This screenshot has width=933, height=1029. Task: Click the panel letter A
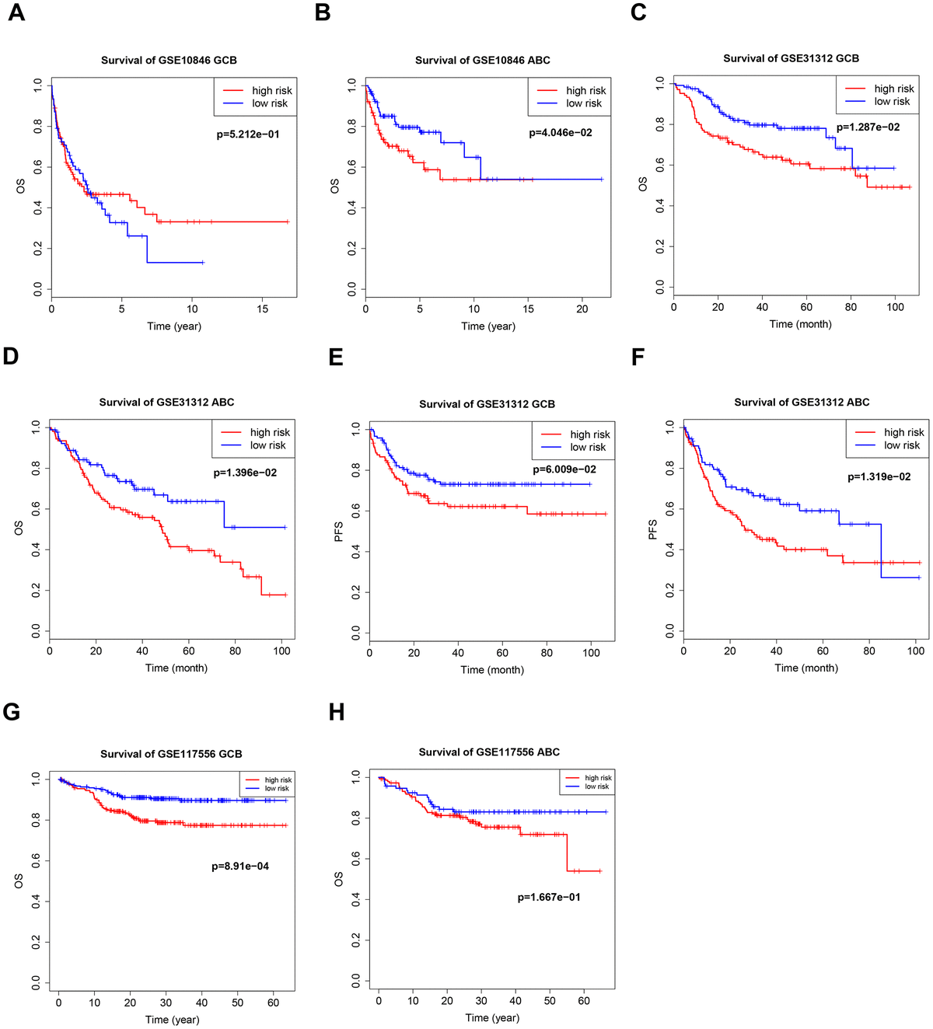pos(16,13)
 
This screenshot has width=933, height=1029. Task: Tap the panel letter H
pos(337,713)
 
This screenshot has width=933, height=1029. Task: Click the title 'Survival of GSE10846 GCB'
pos(169,60)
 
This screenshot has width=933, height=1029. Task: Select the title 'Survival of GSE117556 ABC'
pos(489,752)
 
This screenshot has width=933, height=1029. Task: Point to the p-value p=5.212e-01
pos(248,134)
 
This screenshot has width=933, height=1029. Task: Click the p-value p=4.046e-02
pos(561,133)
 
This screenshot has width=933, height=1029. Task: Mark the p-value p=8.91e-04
pos(240,866)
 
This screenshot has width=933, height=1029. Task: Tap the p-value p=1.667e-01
pos(549,897)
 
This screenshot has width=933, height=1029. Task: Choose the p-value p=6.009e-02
pos(564,469)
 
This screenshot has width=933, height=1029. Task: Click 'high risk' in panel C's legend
pos(894,89)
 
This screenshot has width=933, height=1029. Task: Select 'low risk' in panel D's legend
pos(268,445)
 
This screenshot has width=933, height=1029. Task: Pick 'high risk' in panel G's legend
pos(278,780)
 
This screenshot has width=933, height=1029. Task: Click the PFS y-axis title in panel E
pos(338,532)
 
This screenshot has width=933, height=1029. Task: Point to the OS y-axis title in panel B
pos(335,187)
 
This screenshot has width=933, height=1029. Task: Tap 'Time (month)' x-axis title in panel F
pos(806,668)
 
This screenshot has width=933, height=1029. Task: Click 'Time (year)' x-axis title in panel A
pos(174,326)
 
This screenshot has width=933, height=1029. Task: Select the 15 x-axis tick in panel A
pos(263,309)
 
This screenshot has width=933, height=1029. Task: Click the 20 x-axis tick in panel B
pos(582,309)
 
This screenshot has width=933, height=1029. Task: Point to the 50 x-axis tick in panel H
pos(550,1000)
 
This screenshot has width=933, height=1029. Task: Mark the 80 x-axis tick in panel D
pos(236,651)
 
